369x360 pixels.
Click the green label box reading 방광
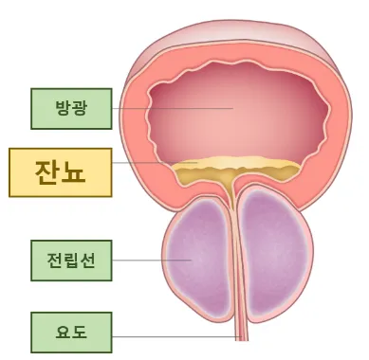(71, 108)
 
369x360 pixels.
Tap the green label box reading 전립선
(71, 259)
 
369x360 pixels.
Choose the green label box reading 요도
(71, 332)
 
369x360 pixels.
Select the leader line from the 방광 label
(171, 108)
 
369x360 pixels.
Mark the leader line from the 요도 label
(171, 334)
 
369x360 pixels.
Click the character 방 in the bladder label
(61, 108)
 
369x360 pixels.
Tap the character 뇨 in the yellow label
(78, 171)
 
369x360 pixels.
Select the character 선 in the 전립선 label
(88, 259)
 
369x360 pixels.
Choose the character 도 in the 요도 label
(82, 332)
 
